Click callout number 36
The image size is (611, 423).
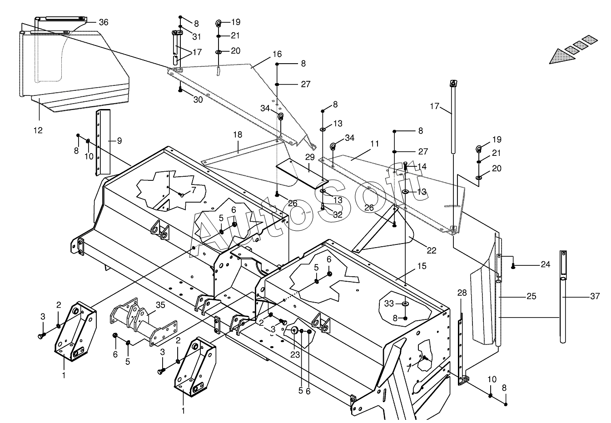(x=104, y=22)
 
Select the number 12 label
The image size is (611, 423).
(x=38, y=130)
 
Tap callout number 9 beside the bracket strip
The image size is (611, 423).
(x=119, y=141)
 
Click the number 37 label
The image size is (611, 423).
(x=595, y=296)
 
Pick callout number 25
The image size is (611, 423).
(x=531, y=296)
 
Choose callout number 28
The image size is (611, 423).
(x=462, y=293)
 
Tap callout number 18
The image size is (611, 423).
(x=238, y=134)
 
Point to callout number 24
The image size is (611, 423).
(x=545, y=264)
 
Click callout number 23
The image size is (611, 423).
(x=295, y=354)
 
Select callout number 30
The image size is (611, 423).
(x=198, y=100)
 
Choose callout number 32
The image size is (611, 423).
(x=337, y=215)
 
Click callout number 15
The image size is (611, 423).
(x=422, y=266)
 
